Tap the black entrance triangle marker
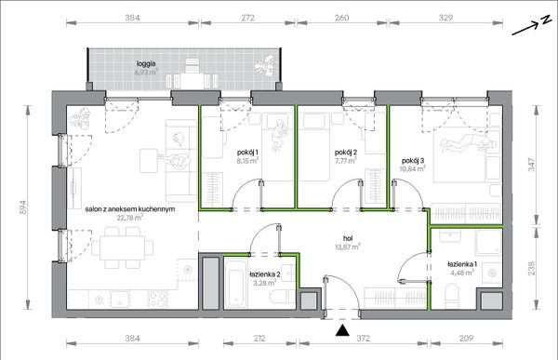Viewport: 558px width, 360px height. [342, 330]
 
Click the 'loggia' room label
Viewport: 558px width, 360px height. [146, 64]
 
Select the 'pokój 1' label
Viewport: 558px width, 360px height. [247, 153]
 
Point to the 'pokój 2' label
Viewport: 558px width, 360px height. [346, 153]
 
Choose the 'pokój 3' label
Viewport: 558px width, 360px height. [413, 161]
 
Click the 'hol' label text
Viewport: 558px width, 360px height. [348, 238]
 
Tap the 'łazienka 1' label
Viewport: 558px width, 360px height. [462, 264]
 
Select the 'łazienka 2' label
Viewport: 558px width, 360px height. [264, 274]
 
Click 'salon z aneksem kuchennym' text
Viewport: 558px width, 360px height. [130, 209]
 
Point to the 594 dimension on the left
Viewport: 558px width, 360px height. [22, 207]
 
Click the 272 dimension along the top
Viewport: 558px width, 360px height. [247, 18]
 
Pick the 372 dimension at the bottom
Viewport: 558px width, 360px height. [364, 338]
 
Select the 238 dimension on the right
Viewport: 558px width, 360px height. [531, 269]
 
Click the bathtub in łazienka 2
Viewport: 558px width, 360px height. [236, 284]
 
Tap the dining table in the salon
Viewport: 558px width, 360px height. [122, 247]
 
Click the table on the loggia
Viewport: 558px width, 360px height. [192, 81]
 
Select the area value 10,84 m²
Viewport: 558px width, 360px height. [412, 168]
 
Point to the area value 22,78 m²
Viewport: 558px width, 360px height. [130, 218]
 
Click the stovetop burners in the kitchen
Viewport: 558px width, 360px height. [158, 299]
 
